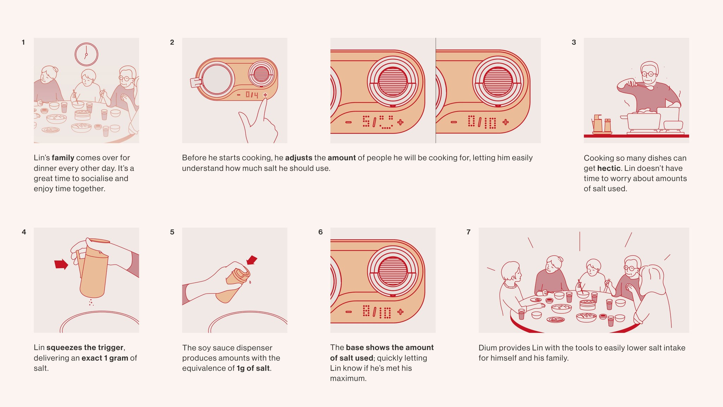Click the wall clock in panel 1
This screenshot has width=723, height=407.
86,54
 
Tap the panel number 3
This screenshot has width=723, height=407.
574,42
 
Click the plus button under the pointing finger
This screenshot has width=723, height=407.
265,95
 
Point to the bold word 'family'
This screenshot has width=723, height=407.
63,158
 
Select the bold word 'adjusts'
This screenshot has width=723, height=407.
298,158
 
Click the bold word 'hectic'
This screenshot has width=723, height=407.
609,168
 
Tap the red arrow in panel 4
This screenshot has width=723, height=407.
61,264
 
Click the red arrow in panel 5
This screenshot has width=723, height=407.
252,260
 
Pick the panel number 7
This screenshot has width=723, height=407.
468,232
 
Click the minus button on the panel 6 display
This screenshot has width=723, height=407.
348,312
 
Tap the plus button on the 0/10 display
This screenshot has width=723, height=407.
506,122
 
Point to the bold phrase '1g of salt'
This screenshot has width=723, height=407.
253,368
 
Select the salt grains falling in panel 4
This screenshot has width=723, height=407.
91,302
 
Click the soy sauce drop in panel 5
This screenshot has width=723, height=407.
250,282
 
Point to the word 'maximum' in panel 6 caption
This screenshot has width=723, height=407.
348,378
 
